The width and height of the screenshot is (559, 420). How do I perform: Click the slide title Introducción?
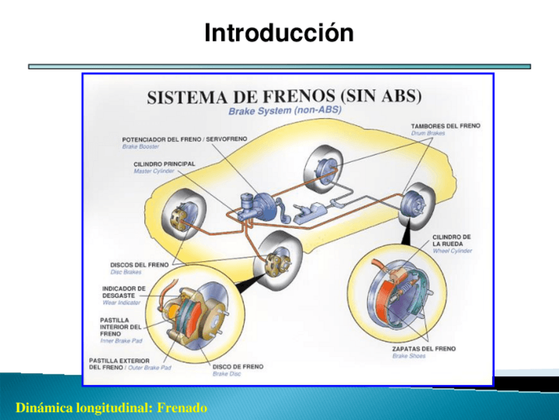coord(279,32)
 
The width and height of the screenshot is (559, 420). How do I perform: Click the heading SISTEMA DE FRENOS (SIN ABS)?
coord(283,97)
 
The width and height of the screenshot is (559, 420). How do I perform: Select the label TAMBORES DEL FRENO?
coord(446,125)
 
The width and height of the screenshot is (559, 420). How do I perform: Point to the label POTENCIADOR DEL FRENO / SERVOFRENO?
coord(185,139)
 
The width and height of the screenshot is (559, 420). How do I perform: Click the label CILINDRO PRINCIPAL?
coord(164,164)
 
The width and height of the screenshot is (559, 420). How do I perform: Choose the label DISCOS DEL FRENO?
coord(139,265)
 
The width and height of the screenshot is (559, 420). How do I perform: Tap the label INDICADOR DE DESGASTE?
coord(124,292)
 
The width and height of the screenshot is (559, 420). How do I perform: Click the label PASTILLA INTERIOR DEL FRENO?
coord(120,326)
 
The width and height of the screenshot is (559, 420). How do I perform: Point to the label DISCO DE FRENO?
coord(237,367)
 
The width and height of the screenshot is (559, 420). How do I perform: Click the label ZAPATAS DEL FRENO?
coord(424,349)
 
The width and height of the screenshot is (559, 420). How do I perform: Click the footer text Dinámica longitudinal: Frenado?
coord(111,408)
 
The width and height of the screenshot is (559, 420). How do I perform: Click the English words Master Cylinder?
coord(154,171)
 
